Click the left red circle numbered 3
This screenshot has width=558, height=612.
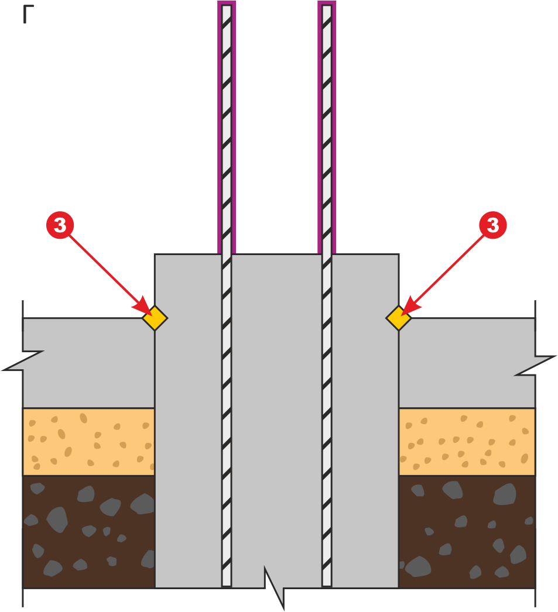60,225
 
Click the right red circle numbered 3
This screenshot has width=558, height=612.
493,225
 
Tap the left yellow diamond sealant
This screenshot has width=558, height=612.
155,318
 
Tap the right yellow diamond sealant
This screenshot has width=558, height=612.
399,318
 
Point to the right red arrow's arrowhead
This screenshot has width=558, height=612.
410,307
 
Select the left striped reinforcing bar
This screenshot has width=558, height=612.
227,295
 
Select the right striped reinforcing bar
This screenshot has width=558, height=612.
327,295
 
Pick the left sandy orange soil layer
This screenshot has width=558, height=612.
88,442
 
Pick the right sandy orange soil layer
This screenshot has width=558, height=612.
467,442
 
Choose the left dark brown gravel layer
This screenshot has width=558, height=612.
88,532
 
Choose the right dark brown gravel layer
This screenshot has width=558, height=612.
467,532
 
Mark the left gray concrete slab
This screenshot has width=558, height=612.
88,363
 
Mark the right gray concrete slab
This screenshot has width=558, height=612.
467,363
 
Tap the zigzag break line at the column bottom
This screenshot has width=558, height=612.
274,587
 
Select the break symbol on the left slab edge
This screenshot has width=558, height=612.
23,360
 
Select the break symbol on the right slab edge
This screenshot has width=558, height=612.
535,365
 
